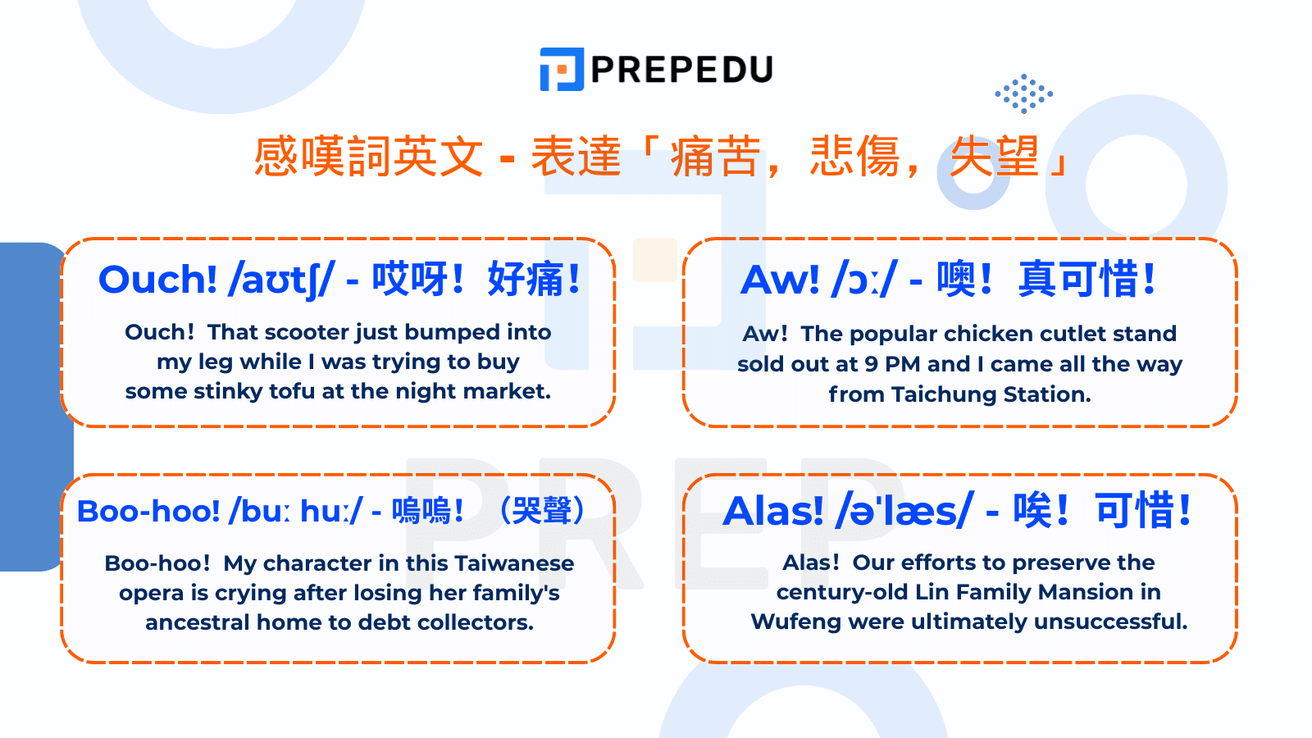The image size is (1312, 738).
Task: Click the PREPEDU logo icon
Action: coord(561,69)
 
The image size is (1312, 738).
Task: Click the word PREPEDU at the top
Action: coord(681,70)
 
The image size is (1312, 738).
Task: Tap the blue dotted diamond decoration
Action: coord(1023,93)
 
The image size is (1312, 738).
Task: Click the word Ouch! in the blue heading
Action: coord(157,280)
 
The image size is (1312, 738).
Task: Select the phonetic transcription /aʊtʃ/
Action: coord(281,280)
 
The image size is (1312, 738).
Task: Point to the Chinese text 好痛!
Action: coord(533,280)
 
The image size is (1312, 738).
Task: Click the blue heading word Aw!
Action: coord(780,280)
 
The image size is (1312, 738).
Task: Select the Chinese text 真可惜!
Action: coord(1086,280)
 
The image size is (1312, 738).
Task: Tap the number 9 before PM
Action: coord(871,364)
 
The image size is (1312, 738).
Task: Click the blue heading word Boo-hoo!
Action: coord(148,512)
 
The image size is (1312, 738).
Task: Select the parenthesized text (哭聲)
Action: coord(542,511)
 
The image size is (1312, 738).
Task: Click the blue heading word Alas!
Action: coord(772,512)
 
